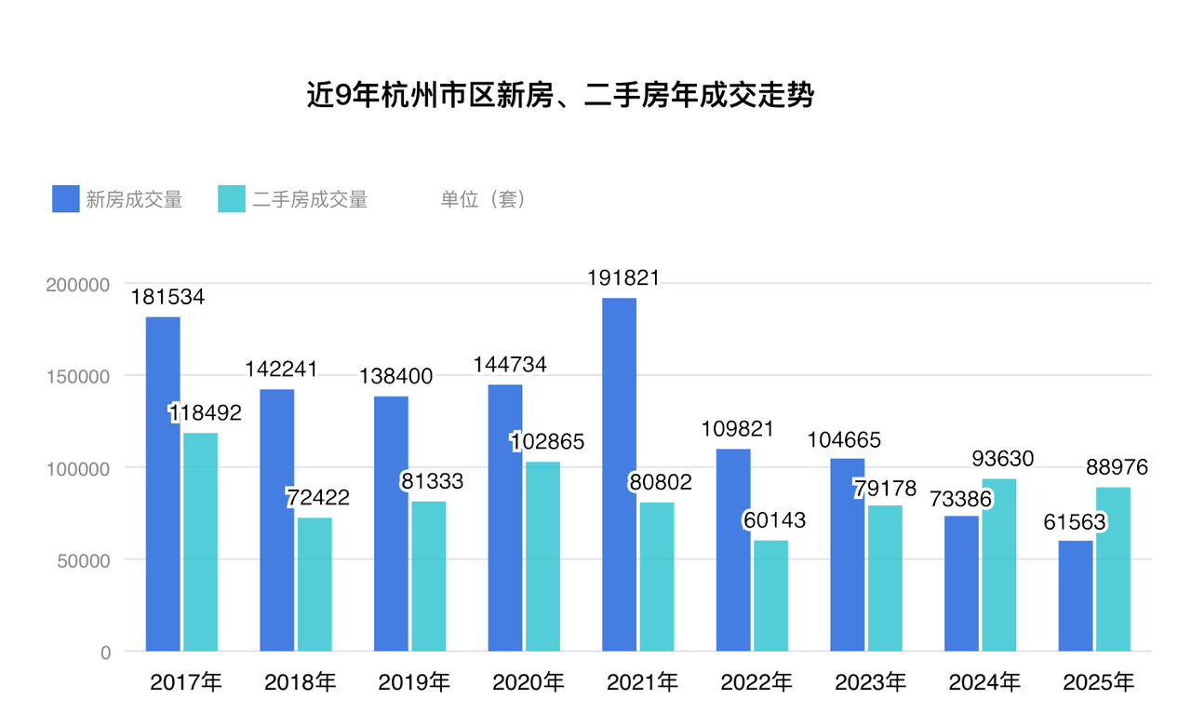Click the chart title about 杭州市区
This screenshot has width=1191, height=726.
point(560,96)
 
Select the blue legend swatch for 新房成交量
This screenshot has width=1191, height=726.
point(66,199)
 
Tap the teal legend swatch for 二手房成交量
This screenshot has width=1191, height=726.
point(232,199)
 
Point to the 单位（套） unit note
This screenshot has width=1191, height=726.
point(483,199)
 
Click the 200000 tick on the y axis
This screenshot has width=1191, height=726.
point(78,284)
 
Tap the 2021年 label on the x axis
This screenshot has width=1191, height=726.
point(642,683)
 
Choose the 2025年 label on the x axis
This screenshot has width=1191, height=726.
point(1099,683)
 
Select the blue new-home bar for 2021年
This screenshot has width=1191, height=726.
point(620,475)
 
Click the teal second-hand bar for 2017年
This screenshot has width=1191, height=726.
point(201,542)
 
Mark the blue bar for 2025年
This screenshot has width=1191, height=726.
point(1076,596)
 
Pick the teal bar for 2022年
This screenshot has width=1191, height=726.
point(771,596)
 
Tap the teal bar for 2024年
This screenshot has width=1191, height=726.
point(999,565)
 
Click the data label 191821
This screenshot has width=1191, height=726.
point(623,277)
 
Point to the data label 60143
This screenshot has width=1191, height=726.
point(774,520)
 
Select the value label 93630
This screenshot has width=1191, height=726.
point(1003,459)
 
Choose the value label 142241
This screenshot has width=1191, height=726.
point(281,369)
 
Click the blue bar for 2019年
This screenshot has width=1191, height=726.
point(391,524)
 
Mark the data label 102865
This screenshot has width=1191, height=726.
point(547,441)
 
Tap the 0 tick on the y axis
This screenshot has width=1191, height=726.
point(105,652)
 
